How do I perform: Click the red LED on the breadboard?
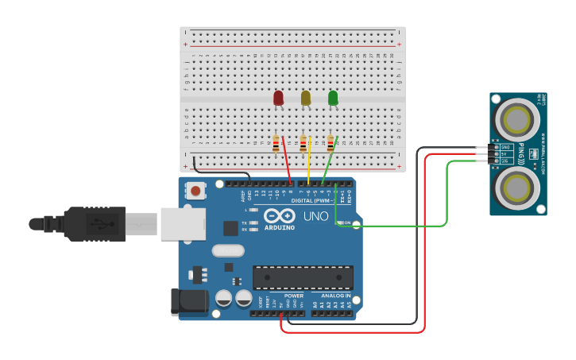pos(278,98)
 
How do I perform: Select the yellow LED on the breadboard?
pos(306,98)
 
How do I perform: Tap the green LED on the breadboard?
pos(333,98)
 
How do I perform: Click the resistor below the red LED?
pos(276,144)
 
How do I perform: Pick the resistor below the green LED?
pos(331,144)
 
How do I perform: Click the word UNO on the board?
pos(315,215)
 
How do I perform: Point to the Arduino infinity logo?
pos(279,215)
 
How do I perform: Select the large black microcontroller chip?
pos(303,277)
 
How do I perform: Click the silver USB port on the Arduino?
pos(183,223)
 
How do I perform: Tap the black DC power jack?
pos(189,302)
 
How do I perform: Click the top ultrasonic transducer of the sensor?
pos(517,119)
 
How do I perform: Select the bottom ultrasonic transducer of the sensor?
pos(517,188)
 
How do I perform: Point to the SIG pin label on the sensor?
pos(505,161)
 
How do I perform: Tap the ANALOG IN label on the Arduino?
pos(335,296)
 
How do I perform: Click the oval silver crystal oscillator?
pos(227,250)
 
